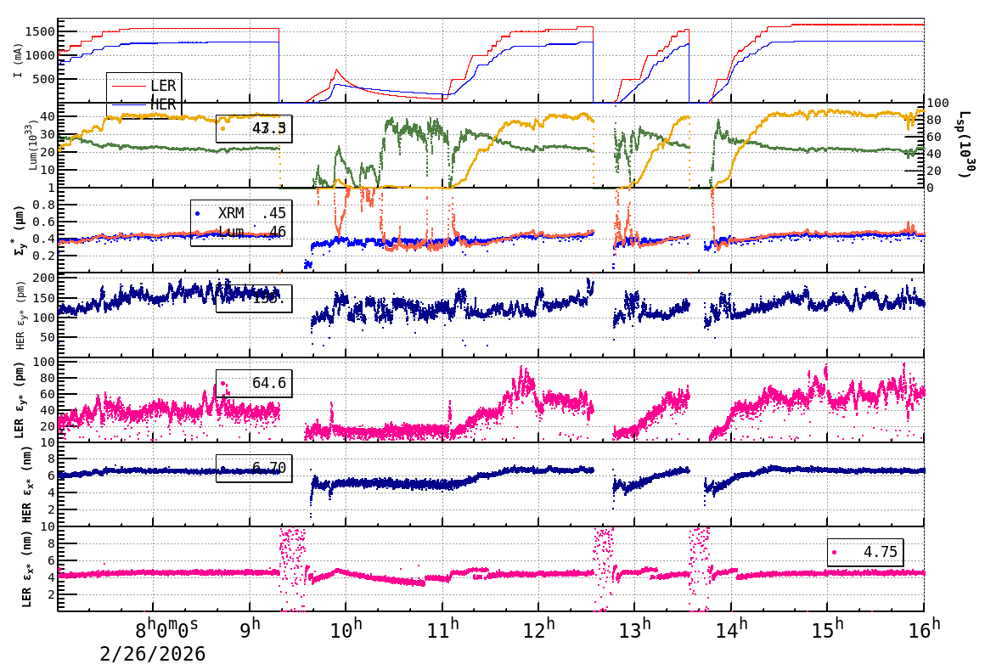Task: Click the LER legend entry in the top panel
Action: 162,86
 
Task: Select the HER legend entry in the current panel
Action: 162,104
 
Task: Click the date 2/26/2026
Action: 153,653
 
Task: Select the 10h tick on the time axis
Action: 346,630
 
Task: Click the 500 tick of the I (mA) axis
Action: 43,79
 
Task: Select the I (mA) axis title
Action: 18,61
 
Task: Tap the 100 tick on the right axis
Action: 937,104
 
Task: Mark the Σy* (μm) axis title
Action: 19,229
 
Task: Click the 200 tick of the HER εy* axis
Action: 43,278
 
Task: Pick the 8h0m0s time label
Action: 166,630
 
